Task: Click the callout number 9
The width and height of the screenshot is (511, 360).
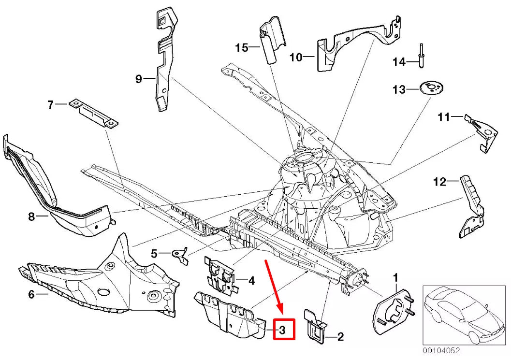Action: tap(139, 79)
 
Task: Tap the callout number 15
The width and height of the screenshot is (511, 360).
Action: tap(241, 47)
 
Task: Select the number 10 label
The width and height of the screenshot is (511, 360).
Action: tap(296, 58)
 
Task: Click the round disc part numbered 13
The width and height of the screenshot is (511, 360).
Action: tap(431, 89)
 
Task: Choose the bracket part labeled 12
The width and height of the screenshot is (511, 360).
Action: tap(471, 207)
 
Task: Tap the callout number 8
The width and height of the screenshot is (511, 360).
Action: tap(31, 217)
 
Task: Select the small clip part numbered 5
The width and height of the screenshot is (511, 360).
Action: tap(182, 255)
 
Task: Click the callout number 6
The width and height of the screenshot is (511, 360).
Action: tap(31, 293)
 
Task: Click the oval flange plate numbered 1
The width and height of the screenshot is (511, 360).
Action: tap(392, 311)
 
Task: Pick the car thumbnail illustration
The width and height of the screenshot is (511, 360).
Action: tap(463, 315)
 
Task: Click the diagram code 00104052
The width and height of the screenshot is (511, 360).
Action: tap(441, 351)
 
